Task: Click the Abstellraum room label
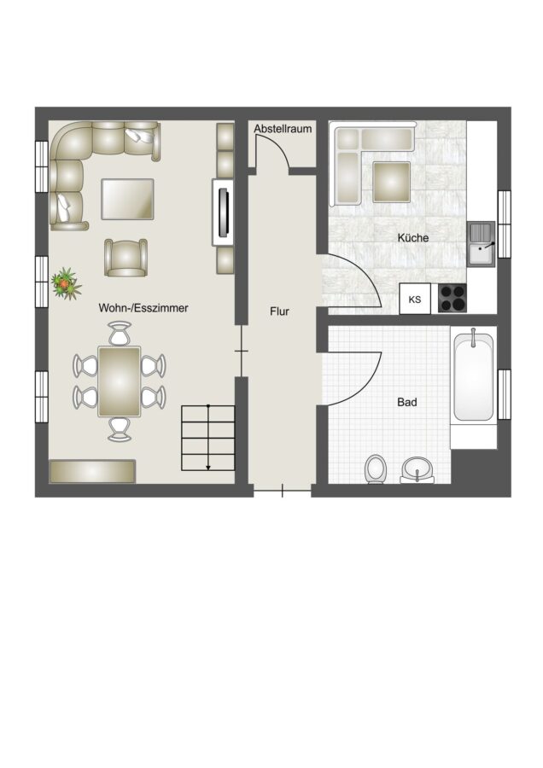pyautogui.click(x=283, y=129)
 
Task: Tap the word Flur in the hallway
pyautogui.click(x=279, y=311)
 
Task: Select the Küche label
pyautogui.click(x=413, y=238)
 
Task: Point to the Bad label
pyautogui.click(x=407, y=402)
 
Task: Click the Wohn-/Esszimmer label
pyautogui.click(x=143, y=308)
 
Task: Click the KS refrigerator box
pyautogui.click(x=415, y=299)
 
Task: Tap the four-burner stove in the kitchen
pyautogui.click(x=452, y=299)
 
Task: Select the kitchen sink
pyautogui.click(x=482, y=244)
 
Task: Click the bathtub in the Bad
pyautogui.click(x=473, y=376)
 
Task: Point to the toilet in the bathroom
pyautogui.click(x=377, y=468)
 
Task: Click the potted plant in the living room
pyautogui.click(x=65, y=283)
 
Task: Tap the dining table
pyautogui.click(x=120, y=381)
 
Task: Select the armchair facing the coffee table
pyautogui.click(x=126, y=258)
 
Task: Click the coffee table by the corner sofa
pyautogui.click(x=127, y=199)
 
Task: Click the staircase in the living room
pyautogui.click(x=208, y=438)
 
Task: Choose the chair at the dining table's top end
pyautogui.click(x=120, y=333)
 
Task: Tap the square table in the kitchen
pyautogui.click(x=391, y=183)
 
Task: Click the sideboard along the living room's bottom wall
pyautogui.click(x=92, y=471)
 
